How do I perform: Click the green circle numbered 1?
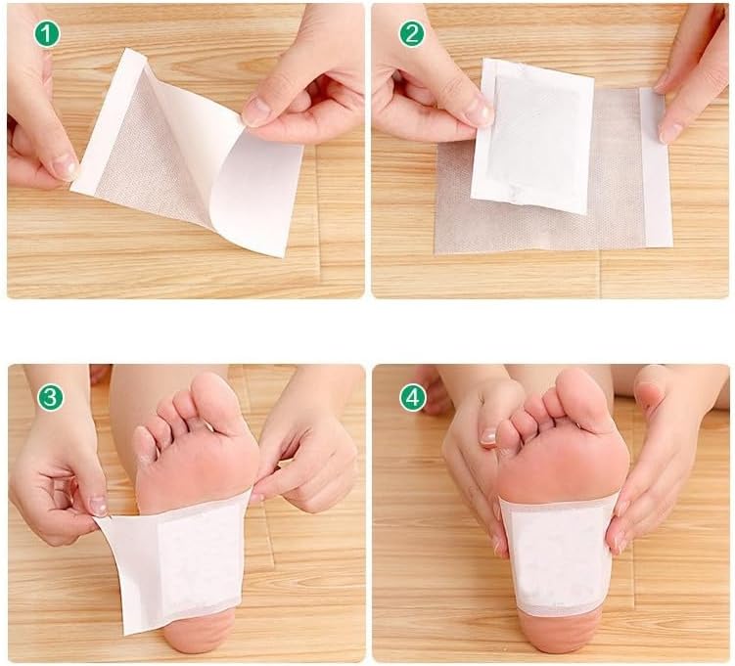[47, 34]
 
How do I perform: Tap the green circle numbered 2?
[412, 33]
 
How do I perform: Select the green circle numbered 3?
[51, 397]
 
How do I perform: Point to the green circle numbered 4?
[413, 397]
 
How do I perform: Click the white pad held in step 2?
[533, 136]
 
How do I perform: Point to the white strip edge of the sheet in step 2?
[656, 166]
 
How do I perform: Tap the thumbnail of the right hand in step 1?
[256, 111]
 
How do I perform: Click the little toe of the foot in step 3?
[145, 445]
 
